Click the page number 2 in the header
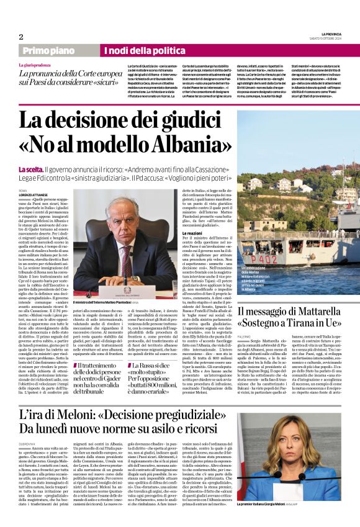[x=21, y=36]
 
